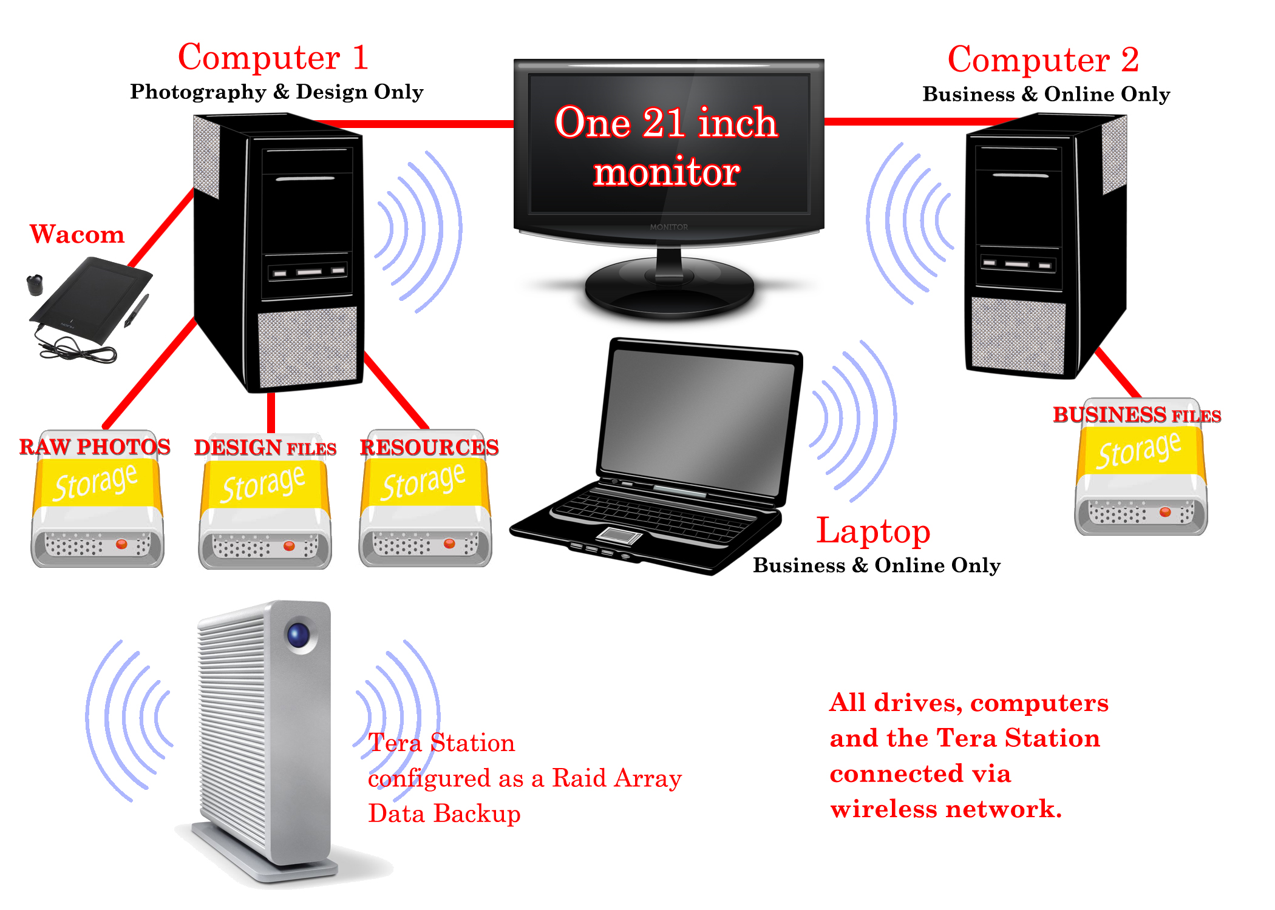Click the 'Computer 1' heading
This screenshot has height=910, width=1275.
[x=273, y=58]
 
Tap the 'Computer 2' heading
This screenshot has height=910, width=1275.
[x=1043, y=59]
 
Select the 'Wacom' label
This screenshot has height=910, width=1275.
[x=77, y=234]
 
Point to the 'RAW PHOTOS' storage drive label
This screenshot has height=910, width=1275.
[x=95, y=447]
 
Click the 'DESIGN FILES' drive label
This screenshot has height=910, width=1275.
[x=265, y=448]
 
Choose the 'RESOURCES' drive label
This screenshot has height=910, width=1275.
[x=429, y=447]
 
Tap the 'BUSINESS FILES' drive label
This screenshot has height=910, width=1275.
[x=1137, y=415]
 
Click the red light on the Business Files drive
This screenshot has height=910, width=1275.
[x=1165, y=512]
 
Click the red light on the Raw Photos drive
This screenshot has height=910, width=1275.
[x=121, y=544]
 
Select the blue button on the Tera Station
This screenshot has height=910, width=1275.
[x=299, y=635]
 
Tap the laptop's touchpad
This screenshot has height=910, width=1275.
[x=619, y=535]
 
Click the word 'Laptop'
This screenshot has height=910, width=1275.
[x=873, y=531]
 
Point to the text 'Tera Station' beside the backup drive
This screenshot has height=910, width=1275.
[x=441, y=743]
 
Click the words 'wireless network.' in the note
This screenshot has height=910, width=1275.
[x=946, y=809]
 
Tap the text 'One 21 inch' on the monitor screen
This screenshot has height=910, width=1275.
[x=666, y=123]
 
